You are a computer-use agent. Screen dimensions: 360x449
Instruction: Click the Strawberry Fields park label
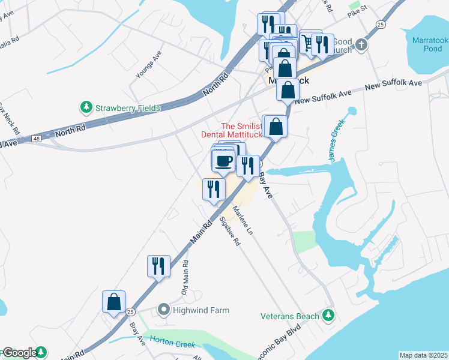127,108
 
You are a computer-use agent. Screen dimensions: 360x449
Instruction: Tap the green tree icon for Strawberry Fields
86,107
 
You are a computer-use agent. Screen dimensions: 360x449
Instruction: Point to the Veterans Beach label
291,316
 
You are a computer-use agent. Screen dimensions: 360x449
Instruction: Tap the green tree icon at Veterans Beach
328,314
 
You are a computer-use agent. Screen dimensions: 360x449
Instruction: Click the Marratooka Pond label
430,44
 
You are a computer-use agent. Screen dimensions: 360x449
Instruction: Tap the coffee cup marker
224,161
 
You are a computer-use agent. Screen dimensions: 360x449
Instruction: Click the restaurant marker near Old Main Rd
158,266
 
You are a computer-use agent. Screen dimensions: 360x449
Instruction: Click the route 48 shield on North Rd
37,139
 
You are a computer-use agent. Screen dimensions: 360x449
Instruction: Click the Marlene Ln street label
244,220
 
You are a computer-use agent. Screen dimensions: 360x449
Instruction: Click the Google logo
20,353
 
